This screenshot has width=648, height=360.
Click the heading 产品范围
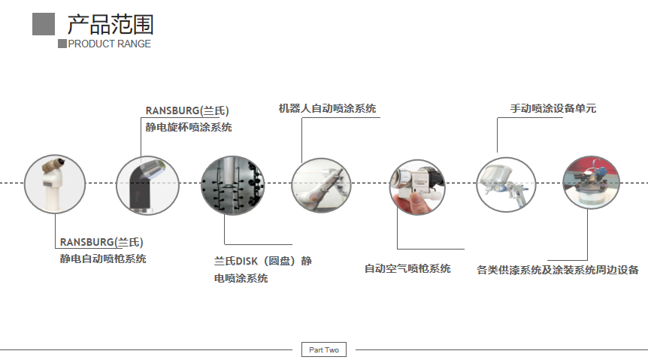pyautogui.click(x=110, y=24)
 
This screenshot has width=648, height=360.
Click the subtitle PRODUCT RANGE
pyautogui.click(x=109, y=44)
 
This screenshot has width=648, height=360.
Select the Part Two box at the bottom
pyautogui.click(x=324, y=349)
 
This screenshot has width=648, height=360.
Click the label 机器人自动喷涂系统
pyautogui.click(x=327, y=108)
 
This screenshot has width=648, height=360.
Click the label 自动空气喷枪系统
pyautogui.click(x=407, y=268)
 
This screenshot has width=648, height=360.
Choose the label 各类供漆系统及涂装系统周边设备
pyautogui.click(x=558, y=269)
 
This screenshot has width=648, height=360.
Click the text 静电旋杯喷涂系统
pyautogui.click(x=189, y=127)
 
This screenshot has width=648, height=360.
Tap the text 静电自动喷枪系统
pyautogui.click(x=103, y=259)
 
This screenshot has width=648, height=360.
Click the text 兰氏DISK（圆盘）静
pyautogui.click(x=262, y=261)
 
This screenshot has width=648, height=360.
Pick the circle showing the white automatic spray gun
pyautogui.click(x=54, y=183)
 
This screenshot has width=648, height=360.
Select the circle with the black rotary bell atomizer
pyautogui.click(x=147, y=184)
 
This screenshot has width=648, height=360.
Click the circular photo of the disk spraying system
pyautogui.click(x=233, y=185)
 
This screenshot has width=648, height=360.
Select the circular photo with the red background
pyautogui.click(x=592, y=183)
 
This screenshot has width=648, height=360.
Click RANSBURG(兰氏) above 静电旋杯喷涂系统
pyautogui.click(x=186, y=110)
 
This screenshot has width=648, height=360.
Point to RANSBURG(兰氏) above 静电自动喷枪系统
pyautogui.click(x=101, y=242)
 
